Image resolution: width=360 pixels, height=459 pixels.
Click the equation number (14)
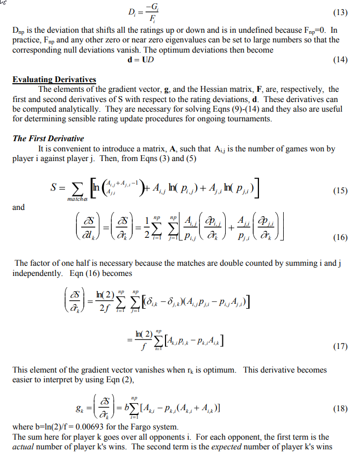340,60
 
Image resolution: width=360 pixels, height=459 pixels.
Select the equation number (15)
340,191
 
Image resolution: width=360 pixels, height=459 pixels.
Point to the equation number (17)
340,346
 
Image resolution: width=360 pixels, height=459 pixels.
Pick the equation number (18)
340,409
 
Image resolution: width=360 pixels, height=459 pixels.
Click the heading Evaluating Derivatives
54,79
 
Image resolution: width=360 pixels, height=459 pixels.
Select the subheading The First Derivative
48,139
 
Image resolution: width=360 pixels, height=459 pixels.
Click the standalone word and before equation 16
18,207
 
